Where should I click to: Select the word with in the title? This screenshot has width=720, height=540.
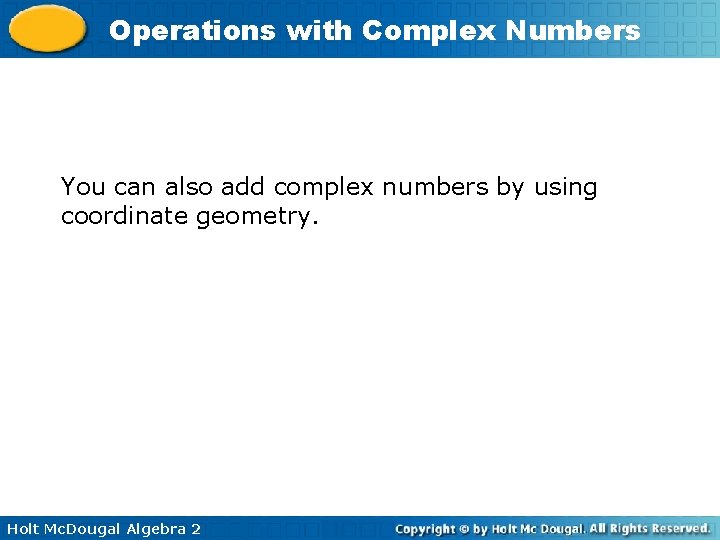tap(320, 31)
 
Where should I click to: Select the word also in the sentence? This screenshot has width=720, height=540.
tap(188, 187)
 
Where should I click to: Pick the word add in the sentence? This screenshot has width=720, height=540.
tap(243, 187)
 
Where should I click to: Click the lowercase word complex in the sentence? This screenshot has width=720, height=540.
tap(319, 188)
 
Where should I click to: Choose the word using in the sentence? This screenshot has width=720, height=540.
tap(565, 188)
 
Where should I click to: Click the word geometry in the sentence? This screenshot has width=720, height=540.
tap(255, 216)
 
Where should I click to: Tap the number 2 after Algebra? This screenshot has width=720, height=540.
tap(195, 528)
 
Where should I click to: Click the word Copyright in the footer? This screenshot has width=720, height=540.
tap(426, 528)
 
